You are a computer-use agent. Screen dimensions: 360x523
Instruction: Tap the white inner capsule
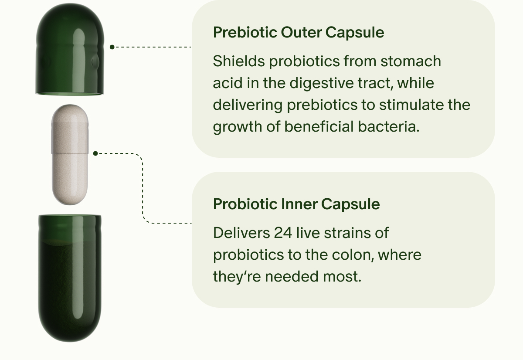pos(70,154)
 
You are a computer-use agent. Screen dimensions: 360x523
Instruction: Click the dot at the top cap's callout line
pos(112,47)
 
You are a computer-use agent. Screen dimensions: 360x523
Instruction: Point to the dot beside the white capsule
pos(95,153)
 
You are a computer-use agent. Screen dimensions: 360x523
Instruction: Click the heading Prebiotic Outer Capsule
pos(299,32)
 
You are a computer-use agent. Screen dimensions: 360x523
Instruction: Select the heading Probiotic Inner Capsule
pos(296,204)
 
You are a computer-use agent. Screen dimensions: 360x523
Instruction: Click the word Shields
pos(238,61)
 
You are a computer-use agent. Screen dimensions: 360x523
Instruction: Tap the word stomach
pos(411,61)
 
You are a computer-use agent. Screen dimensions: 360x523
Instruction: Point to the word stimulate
pos(406,105)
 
